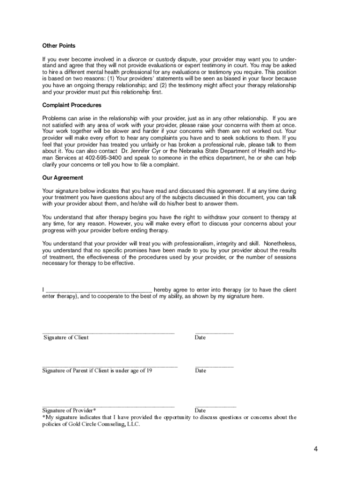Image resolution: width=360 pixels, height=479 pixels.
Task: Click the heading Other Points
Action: click(x=58, y=46)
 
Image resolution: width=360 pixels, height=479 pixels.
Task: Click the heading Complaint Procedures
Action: click(x=72, y=105)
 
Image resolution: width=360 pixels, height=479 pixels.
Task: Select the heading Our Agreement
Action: click(x=63, y=178)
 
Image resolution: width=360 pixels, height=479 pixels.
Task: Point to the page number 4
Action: click(x=316, y=450)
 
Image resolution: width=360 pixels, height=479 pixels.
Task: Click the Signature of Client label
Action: click(x=65, y=338)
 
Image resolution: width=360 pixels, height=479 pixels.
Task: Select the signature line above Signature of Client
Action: click(x=108, y=333)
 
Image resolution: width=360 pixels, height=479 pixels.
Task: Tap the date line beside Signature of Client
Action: click(x=214, y=333)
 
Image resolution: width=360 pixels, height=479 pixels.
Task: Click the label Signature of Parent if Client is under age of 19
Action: click(x=97, y=370)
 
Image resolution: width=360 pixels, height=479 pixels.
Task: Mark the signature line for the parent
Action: click(x=110, y=366)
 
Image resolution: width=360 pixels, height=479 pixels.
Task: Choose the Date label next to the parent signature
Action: click(x=200, y=370)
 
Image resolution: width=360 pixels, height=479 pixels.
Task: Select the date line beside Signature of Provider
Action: click(x=215, y=406)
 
